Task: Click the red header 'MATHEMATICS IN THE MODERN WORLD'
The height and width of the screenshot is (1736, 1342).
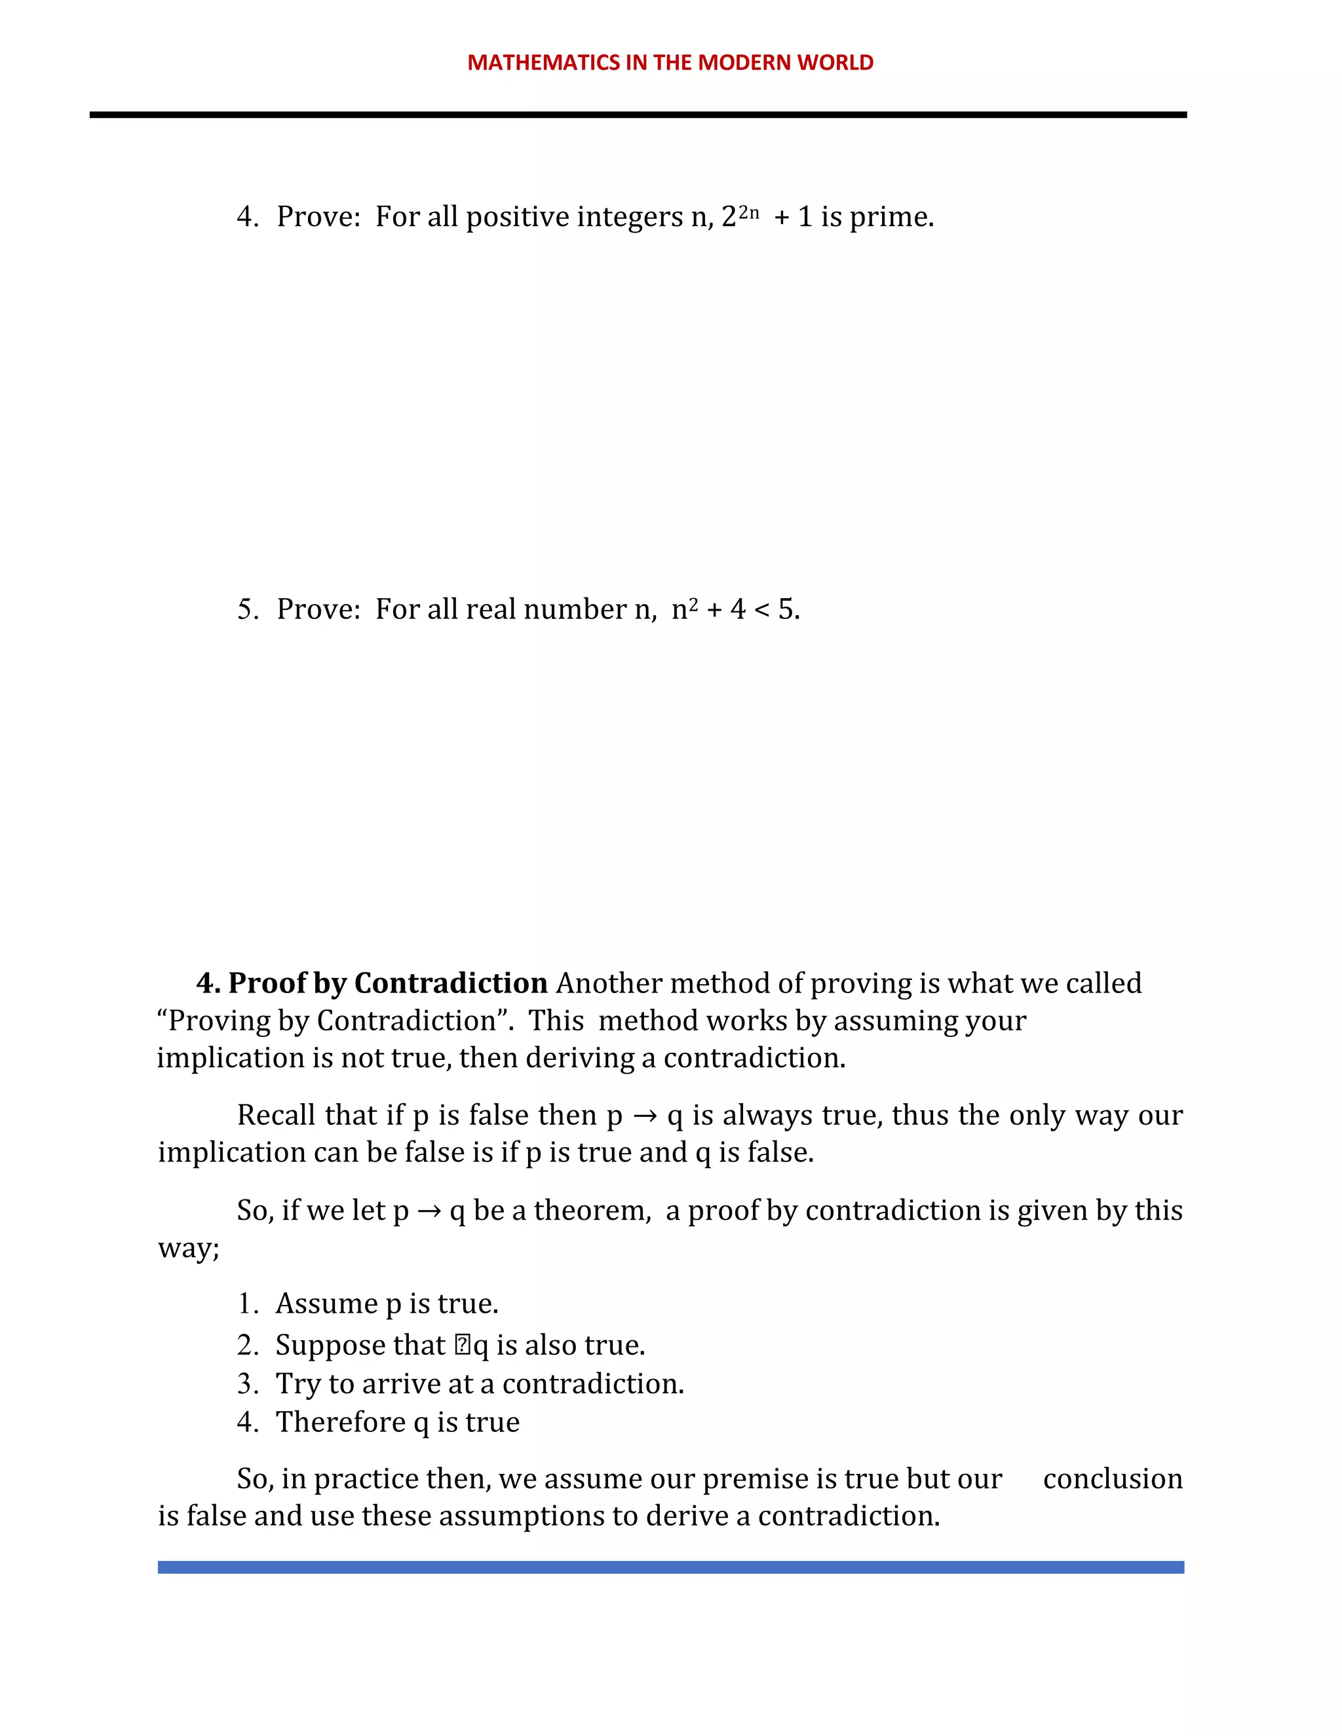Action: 670,63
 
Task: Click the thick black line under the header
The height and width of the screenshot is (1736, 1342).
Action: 638,115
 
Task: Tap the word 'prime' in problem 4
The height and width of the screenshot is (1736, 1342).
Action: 890,217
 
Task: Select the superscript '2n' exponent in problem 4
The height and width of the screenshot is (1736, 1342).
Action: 749,212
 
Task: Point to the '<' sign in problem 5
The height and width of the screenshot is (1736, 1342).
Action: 761,610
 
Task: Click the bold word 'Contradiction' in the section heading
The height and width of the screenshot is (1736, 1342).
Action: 451,983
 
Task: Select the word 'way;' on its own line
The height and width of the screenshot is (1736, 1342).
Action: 189,1248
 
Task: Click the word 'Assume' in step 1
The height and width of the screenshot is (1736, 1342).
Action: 327,1304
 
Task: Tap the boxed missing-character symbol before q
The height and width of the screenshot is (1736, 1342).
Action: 463,1345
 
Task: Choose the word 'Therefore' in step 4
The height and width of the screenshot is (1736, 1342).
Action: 340,1422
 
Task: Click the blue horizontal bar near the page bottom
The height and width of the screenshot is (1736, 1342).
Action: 670,1568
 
